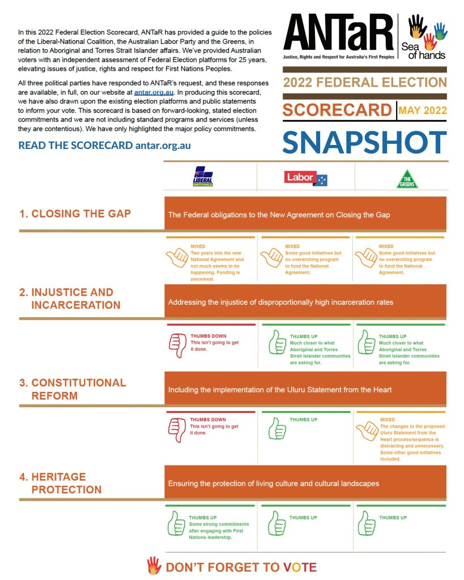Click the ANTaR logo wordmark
pos(338,32)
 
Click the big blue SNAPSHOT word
pos(365,142)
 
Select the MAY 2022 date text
pos(423,110)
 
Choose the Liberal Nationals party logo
pos(203,177)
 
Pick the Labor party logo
pos(306,178)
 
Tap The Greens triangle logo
pos(407,178)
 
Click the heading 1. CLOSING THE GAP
pos(75,214)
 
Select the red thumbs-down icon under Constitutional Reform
pos(177,430)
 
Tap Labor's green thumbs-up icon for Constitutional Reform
pos(276,429)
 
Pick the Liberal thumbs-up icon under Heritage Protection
pos(177,524)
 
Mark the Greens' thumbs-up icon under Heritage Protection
pos(366,524)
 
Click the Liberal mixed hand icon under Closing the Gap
pos(177,258)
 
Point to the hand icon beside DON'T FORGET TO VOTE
pos(154,565)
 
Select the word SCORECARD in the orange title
pos(338,110)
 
